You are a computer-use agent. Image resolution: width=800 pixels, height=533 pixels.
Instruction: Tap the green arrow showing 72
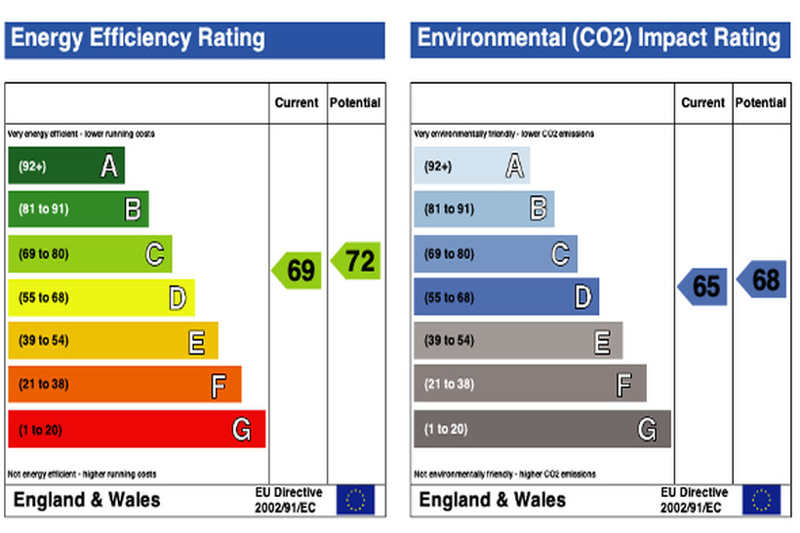tap(356, 261)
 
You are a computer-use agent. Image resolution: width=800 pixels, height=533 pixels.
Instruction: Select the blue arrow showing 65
tap(703, 286)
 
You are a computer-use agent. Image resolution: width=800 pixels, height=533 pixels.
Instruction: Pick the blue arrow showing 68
tap(762, 280)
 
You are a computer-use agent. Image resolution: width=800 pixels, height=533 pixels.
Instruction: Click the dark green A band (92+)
tap(66, 167)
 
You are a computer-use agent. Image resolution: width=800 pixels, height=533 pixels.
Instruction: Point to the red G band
tap(137, 429)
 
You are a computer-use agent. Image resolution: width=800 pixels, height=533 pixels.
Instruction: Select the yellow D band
tap(101, 297)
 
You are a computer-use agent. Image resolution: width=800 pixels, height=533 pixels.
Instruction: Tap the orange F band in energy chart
tap(125, 384)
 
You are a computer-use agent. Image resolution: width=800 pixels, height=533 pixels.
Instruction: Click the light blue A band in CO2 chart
tap(471, 167)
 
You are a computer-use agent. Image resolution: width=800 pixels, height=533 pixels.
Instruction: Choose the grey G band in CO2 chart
tap(541, 429)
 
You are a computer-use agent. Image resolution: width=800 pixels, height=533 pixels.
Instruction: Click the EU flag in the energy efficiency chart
tap(355, 500)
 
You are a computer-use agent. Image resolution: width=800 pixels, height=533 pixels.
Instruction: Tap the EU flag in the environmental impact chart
tap(760, 500)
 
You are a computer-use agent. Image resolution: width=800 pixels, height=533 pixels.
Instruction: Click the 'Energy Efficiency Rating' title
tap(138, 39)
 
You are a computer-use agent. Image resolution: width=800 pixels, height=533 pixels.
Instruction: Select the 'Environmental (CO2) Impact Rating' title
tap(599, 39)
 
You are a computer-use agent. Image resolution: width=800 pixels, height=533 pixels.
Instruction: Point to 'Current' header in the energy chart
tap(297, 102)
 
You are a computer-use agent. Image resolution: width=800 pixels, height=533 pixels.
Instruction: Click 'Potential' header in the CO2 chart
tap(761, 102)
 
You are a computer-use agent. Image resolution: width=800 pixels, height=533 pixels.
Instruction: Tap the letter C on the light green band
tap(154, 254)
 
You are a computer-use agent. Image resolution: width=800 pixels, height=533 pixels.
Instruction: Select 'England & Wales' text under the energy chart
tap(87, 500)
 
